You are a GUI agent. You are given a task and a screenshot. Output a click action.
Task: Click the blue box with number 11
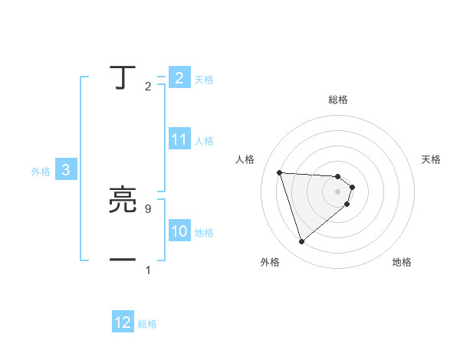(179, 139)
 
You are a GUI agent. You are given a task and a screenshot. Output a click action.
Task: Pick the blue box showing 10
(179, 231)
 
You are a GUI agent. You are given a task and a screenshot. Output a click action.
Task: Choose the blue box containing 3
(66, 171)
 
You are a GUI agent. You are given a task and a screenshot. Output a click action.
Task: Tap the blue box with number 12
(123, 323)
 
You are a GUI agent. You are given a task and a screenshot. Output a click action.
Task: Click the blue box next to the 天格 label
(179, 78)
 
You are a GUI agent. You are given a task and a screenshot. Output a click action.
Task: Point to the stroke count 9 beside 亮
(147, 208)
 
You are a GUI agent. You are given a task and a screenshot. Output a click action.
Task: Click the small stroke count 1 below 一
(148, 270)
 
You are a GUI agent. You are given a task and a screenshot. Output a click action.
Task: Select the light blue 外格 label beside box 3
(41, 172)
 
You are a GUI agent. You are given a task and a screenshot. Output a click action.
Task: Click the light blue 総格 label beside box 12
(147, 324)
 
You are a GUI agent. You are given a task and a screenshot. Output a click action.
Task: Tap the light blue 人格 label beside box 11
(204, 141)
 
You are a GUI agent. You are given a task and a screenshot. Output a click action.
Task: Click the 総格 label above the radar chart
(338, 100)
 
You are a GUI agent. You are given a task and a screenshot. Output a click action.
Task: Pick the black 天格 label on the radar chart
(431, 159)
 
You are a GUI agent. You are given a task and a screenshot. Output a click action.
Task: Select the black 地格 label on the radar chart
(402, 262)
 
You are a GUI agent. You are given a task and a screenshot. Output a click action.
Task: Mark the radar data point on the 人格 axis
(280, 172)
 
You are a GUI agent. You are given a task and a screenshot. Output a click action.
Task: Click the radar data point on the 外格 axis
(301, 242)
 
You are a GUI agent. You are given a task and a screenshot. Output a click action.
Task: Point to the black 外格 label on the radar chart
(270, 262)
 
